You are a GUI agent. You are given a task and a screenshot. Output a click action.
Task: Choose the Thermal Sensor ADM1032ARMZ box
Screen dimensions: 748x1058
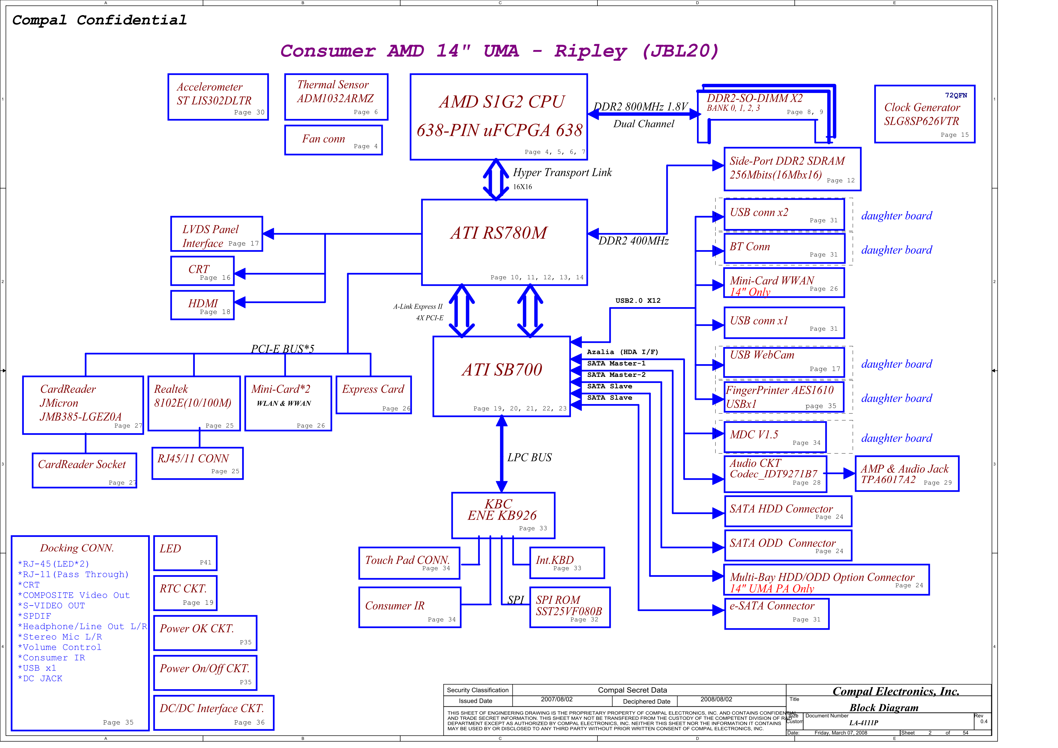pos(336,97)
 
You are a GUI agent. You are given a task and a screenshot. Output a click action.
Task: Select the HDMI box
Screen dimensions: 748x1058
pos(202,305)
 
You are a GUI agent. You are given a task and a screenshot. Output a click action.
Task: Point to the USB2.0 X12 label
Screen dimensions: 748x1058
pos(638,301)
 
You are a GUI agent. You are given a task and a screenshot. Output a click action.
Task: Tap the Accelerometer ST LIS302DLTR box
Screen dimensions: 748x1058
pos(218,97)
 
